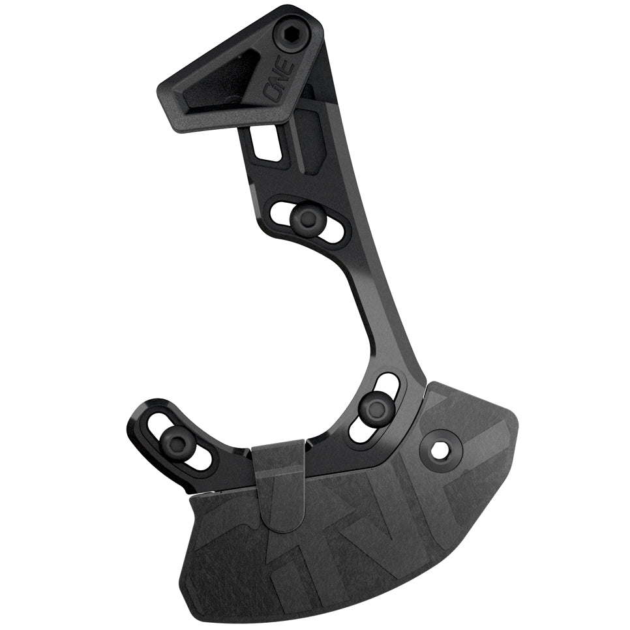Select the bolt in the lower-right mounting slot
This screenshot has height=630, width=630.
coord(376,408)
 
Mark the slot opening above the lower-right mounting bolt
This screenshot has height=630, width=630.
coord(389,384)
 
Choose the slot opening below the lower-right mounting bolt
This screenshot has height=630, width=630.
coord(361,431)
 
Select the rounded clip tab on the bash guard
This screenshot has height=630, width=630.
coord(279,476)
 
